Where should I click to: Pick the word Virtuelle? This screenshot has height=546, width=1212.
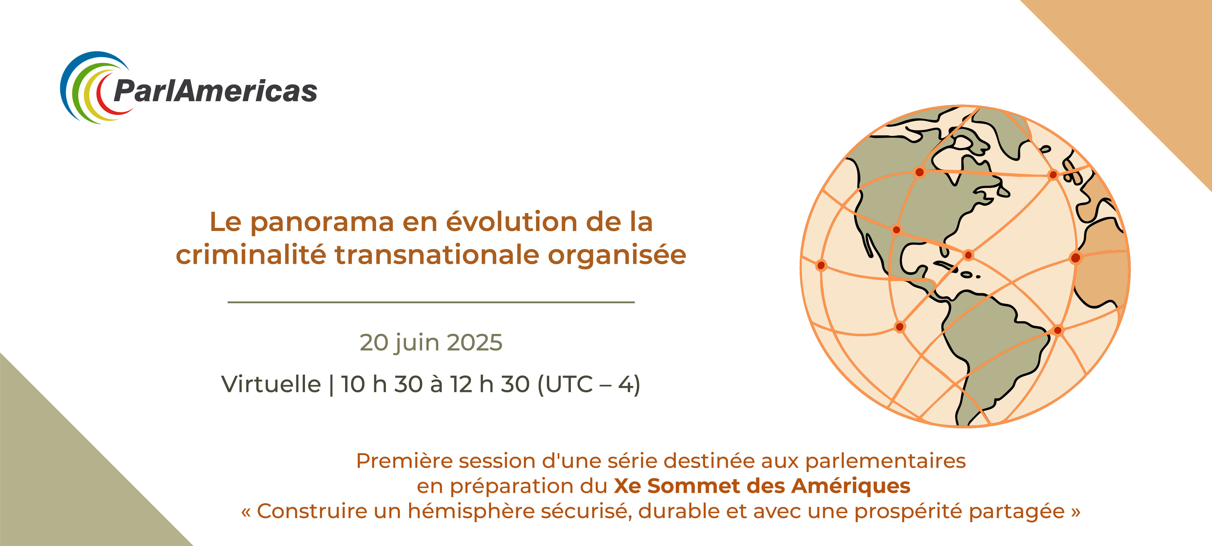[271, 384]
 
